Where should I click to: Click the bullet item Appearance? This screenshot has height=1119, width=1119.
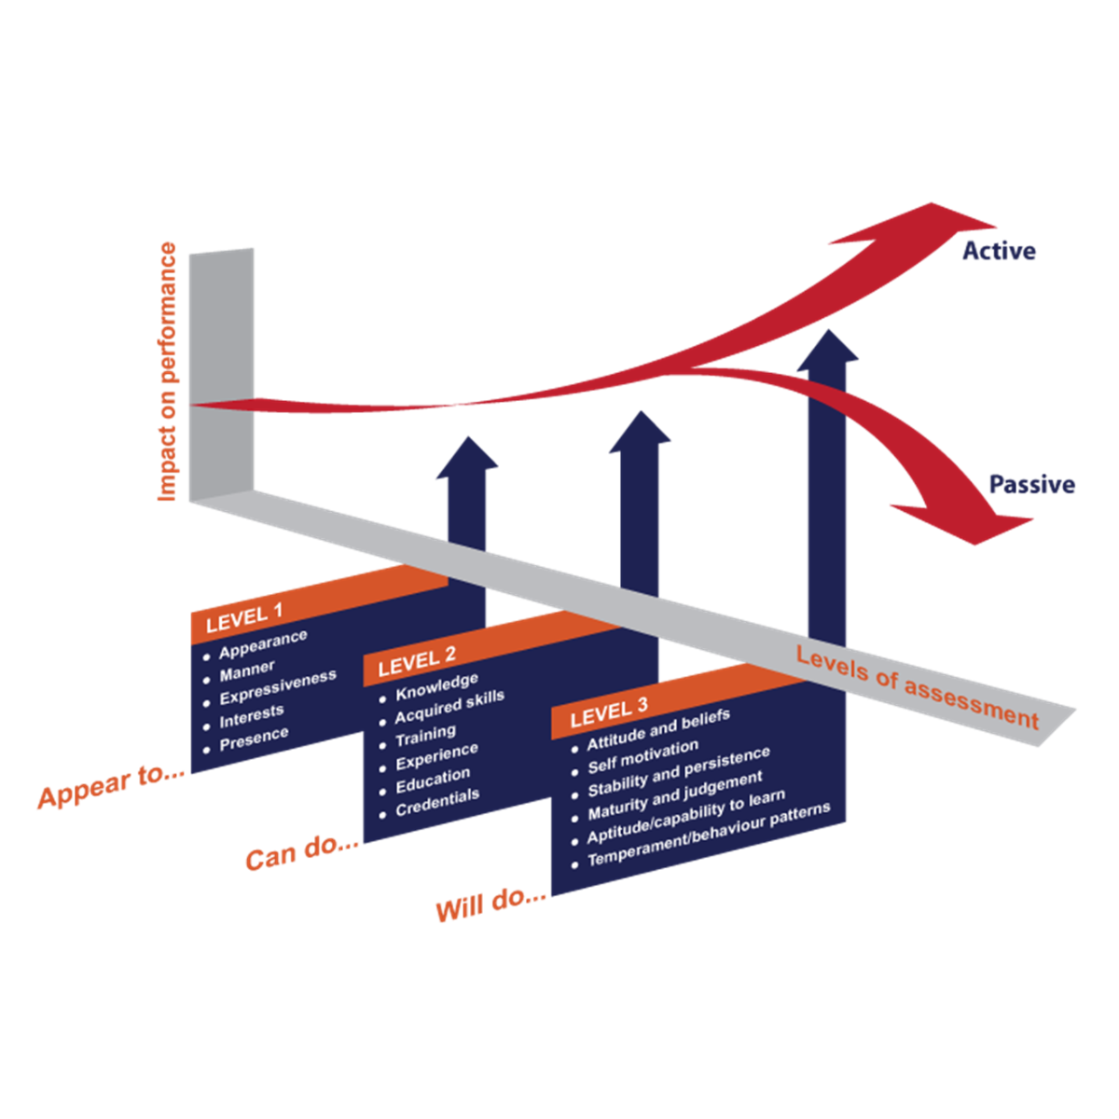(x=263, y=642)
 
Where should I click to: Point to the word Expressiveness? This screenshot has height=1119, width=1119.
(x=278, y=689)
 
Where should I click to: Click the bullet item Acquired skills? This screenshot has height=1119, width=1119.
(x=449, y=706)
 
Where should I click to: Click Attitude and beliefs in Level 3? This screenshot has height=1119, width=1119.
(x=658, y=733)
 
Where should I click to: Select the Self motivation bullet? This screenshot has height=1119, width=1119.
(x=643, y=757)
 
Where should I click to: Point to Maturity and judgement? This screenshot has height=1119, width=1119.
(x=675, y=795)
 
